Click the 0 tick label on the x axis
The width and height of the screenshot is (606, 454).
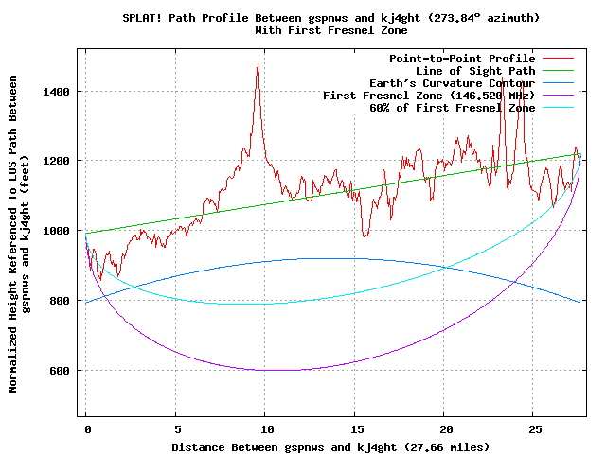85,428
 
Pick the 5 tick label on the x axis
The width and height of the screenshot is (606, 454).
175,428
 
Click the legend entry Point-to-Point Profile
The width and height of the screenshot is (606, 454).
462,59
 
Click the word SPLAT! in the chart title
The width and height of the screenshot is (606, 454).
143,18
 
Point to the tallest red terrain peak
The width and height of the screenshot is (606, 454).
257,64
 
